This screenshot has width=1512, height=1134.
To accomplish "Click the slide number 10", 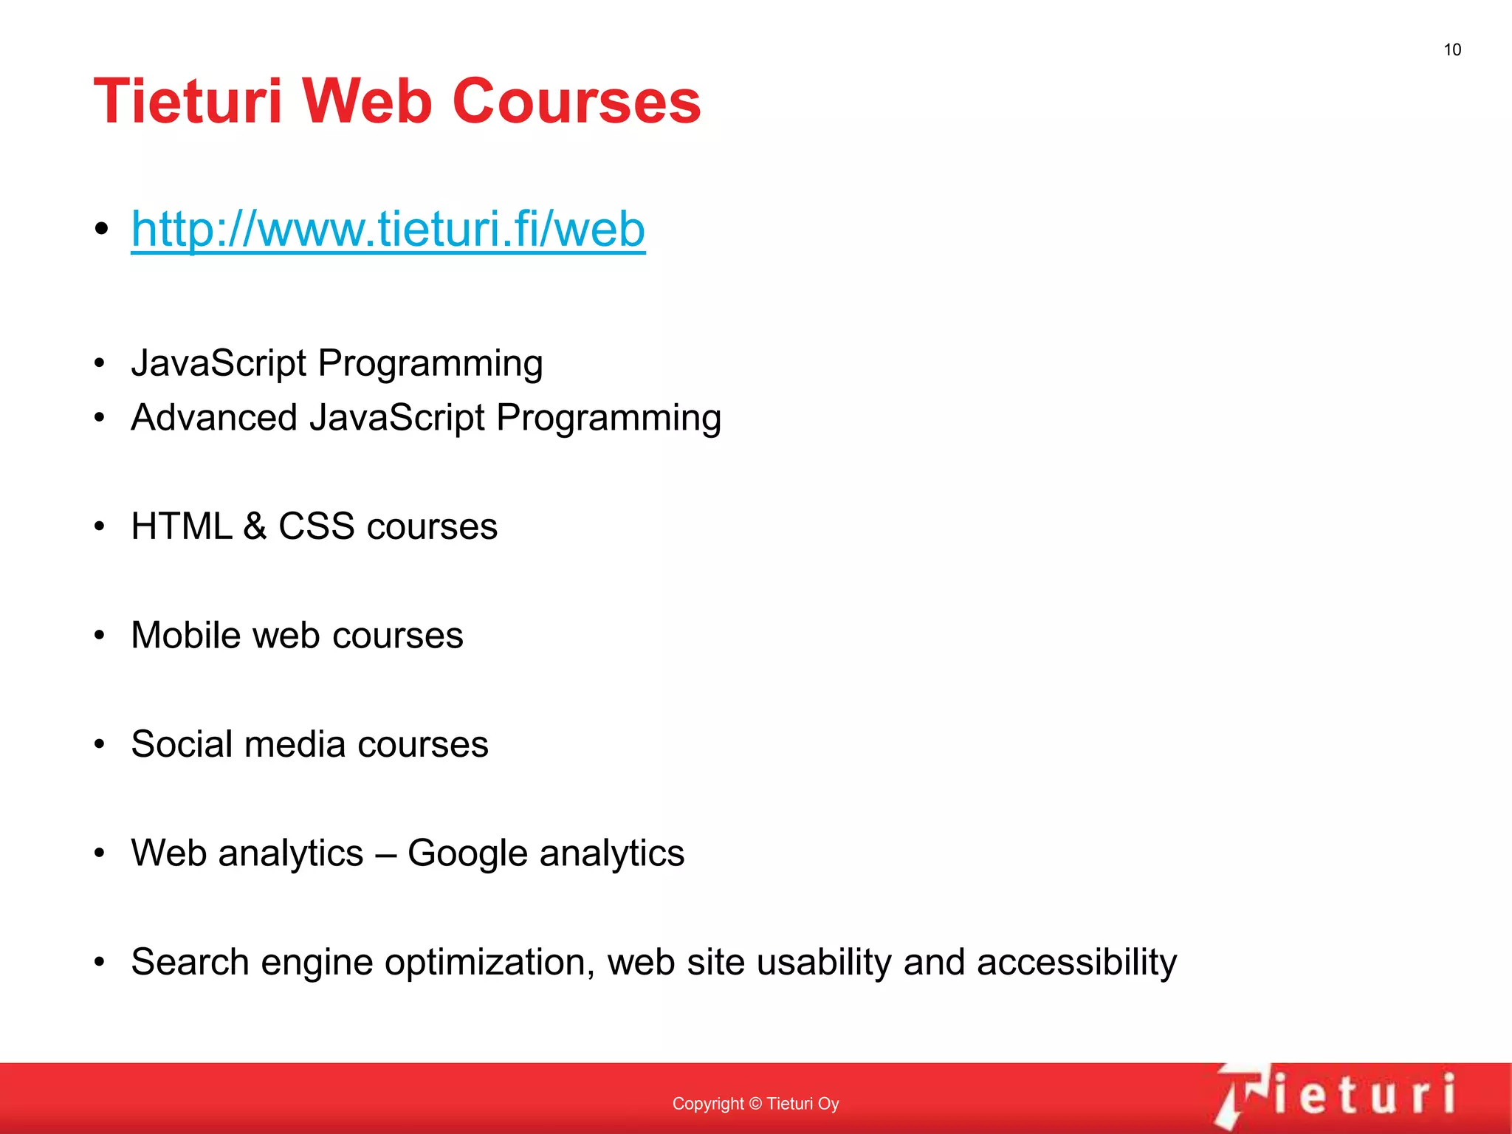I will point(1451,49).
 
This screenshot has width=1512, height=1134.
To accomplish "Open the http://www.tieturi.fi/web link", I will point(388,229).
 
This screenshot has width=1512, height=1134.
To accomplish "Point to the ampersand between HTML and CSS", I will point(255,526).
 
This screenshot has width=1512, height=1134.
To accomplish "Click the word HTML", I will point(181,526).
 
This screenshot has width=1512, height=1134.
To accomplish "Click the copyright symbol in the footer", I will point(755,1104).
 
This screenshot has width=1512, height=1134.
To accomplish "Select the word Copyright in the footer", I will point(707,1104).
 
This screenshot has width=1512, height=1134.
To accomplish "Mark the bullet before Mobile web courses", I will point(100,636).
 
